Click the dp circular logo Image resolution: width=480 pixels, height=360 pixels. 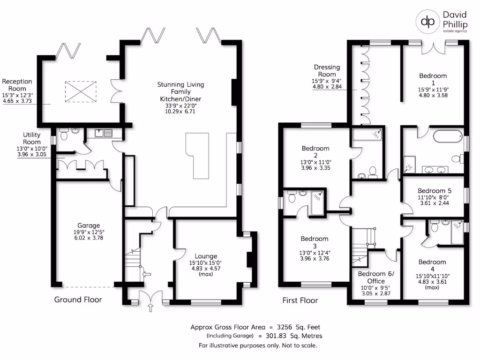point(427,21)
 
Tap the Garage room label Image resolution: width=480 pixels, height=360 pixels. point(89,225)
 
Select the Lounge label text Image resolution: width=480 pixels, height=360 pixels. point(206,256)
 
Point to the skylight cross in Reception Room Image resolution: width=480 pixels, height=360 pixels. point(81,91)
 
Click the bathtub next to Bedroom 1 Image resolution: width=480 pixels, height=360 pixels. point(448,136)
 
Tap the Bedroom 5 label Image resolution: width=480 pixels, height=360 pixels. point(435,190)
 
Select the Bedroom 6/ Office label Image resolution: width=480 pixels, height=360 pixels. point(376,277)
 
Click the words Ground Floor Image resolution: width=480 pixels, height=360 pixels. point(78,300)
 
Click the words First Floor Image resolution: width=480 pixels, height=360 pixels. point(300,300)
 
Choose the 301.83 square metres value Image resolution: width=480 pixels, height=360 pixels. point(276,336)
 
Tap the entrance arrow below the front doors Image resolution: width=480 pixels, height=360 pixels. point(150,307)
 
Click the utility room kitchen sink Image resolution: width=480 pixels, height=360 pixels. point(104,133)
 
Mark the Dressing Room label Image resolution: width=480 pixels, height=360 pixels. point(327,70)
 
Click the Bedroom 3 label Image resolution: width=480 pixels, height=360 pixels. point(315,242)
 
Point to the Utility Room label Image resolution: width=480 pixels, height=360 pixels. point(32,138)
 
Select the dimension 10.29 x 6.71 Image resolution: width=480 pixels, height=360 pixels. point(180,112)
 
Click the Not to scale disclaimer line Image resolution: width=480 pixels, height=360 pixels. point(258,345)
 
